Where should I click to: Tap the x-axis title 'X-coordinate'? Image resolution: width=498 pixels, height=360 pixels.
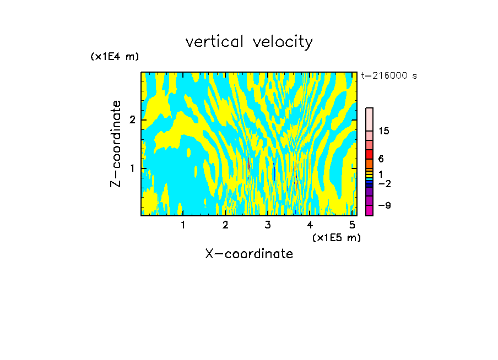tap(249, 254)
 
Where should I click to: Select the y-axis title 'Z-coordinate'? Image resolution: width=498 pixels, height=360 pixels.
tap(116, 144)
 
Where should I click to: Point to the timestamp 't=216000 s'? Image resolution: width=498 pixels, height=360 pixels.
tap(388, 76)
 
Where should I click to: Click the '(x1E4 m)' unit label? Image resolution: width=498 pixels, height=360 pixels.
tap(115, 57)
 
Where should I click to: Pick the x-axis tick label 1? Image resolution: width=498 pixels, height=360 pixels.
tap(183, 225)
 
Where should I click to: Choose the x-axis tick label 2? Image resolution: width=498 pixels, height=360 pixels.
tap(225, 225)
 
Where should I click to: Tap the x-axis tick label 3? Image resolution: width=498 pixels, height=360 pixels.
tap(268, 225)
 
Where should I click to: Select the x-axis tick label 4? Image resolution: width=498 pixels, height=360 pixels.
tap(310, 225)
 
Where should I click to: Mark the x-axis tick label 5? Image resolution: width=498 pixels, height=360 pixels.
tap(352, 225)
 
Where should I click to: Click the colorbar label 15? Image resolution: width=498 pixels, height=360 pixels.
tap(384, 131)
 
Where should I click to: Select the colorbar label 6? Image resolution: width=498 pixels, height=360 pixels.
tap(381, 159)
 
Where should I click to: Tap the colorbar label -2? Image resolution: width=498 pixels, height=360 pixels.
tap(384, 184)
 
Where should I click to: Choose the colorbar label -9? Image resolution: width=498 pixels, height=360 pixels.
tap(384, 205)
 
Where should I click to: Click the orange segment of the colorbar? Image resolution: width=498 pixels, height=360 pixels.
tap(369, 164)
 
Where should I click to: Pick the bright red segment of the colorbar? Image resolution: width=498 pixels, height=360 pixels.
tap(369, 154)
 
